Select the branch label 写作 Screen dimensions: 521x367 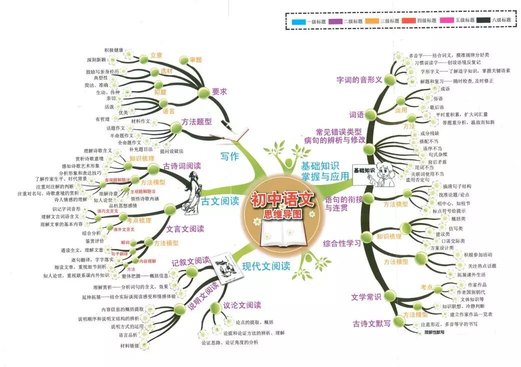point(230,156)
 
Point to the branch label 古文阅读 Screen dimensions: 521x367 point(220,201)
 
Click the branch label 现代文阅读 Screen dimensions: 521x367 point(266,266)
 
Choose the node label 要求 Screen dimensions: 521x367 point(220,92)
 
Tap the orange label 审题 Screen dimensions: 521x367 point(195,60)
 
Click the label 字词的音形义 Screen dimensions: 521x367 point(359,79)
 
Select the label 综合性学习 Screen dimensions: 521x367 point(341,244)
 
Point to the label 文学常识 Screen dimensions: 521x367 point(366,297)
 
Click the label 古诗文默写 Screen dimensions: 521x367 point(371,323)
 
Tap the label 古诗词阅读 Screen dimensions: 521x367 point(181,166)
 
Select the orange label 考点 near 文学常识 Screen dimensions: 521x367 point(426,287)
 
